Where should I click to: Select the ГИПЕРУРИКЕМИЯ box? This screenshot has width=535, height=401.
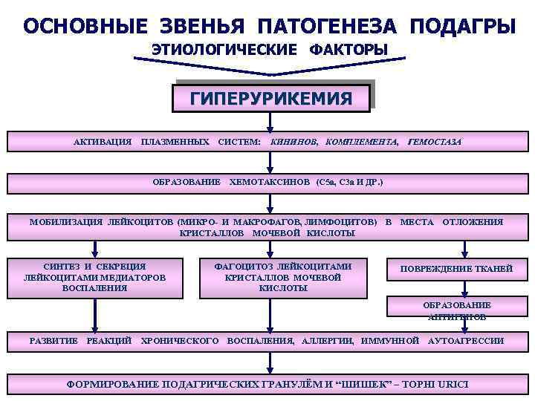270,98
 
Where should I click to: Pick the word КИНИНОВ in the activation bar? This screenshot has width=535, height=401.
294,141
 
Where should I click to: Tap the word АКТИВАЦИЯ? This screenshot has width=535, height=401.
103,141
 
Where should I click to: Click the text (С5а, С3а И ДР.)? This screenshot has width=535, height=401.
349,181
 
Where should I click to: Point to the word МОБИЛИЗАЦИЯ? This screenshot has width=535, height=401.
65,222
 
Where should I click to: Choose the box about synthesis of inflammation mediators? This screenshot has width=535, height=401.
94,276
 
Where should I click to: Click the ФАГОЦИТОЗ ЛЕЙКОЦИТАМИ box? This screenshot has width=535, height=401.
283,276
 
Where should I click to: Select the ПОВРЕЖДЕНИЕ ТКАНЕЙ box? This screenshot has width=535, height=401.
457,269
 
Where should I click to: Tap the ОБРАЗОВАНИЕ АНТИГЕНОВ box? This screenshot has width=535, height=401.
457,310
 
